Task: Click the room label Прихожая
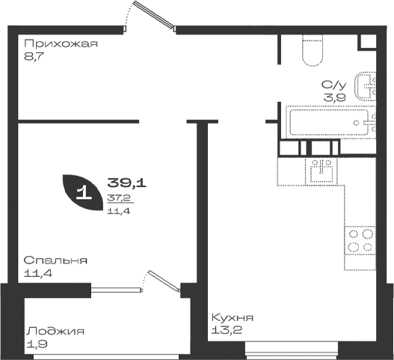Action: click(61, 43)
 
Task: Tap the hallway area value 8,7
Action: click(34, 57)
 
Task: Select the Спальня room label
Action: click(55, 260)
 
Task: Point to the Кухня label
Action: click(233, 318)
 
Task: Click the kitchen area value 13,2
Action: click(227, 330)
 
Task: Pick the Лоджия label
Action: click(55, 331)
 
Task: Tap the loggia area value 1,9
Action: click(37, 344)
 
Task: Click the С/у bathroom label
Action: click(334, 85)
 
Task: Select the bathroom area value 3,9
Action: click(334, 97)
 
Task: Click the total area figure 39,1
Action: click(126, 183)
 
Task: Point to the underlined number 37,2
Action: click(119, 198)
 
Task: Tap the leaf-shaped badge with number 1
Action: click(82, 192)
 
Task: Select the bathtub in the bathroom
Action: click(329, 122)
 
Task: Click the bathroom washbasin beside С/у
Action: click(365, 86)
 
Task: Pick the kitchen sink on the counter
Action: click(321, 171)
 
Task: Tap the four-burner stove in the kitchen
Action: click(360, 240)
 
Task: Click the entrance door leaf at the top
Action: click(154, 13)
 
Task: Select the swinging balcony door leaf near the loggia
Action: click(164, 280)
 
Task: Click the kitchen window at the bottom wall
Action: click(292, 351)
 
